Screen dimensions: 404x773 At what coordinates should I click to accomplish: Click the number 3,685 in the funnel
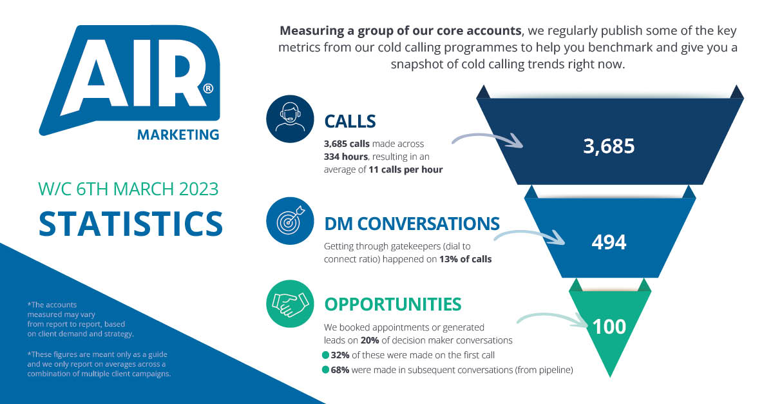click(609, 146)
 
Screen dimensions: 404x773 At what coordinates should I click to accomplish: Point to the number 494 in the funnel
click(609, 242)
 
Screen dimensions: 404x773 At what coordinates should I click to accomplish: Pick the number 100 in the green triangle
click(609, 327)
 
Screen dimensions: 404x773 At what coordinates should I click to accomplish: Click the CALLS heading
click(350, 120)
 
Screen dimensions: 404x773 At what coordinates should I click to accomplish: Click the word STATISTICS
click(131, 222)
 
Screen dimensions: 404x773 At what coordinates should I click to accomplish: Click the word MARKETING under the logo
click(178, 135)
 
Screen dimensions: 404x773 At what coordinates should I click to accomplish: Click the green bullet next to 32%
click(325, 355)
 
